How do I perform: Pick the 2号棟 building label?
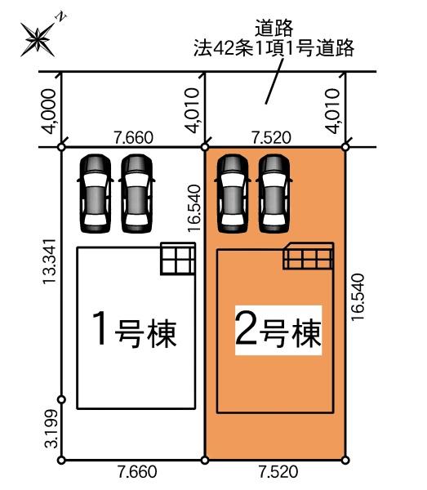coord(278,331)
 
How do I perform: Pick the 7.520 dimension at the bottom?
coord(276,472)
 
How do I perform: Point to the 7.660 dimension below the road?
coord(135,137)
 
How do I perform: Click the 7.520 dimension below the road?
coord(274,137)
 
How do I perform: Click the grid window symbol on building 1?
coord(177,260)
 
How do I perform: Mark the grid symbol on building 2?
coord(309,257)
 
